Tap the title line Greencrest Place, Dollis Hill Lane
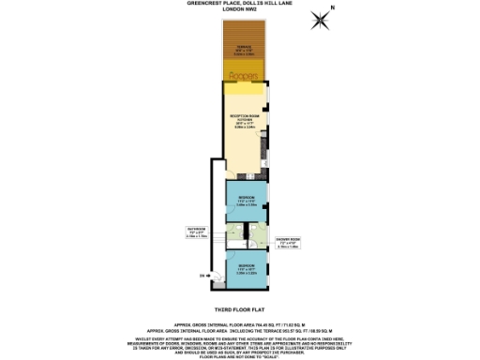240,6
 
